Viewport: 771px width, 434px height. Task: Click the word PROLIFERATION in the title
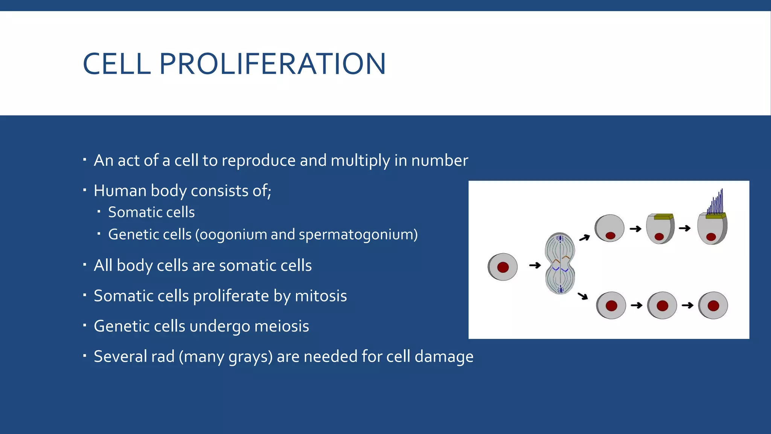click(x=273, y=64)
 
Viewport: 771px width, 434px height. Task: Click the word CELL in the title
click(x=117, y=64)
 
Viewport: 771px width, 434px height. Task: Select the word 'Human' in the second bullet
click(x=120, y=191)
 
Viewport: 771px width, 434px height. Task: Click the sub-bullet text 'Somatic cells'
click(x=151, y=212)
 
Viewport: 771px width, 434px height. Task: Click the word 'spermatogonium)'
click(x=358, y=234)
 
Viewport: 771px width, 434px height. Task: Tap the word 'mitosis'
click(x=321, y=296)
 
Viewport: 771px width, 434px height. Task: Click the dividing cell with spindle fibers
click(x=560, y=263)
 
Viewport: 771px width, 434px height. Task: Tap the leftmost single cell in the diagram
click(x=503, y=267)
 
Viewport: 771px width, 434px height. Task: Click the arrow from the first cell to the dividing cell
click(x=535, y=266)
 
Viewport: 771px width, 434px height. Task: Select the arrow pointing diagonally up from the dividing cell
click(x=584, y=238)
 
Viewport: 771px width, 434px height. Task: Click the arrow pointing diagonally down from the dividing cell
click(x=583, y=296)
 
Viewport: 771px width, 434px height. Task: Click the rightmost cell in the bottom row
click(x=713, y=306)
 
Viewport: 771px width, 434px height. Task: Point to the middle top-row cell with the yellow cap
click(x=660, y=229)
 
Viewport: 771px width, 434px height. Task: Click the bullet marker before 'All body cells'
click(x=85, y=264)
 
